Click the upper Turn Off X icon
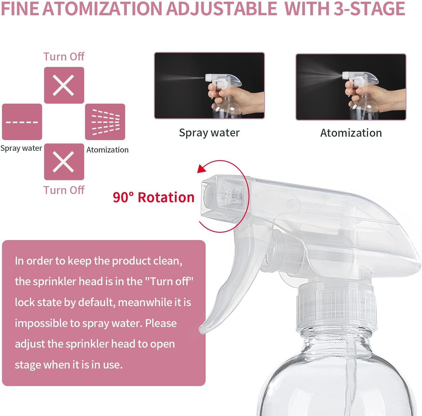64,85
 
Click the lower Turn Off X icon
64,162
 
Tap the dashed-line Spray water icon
22,122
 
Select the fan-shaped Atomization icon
105,122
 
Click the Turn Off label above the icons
64,56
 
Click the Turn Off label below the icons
64,190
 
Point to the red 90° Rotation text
153,197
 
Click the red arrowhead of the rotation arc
202,169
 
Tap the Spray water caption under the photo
209,132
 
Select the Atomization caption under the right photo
351,133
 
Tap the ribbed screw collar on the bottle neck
336,308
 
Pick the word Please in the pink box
161,323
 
